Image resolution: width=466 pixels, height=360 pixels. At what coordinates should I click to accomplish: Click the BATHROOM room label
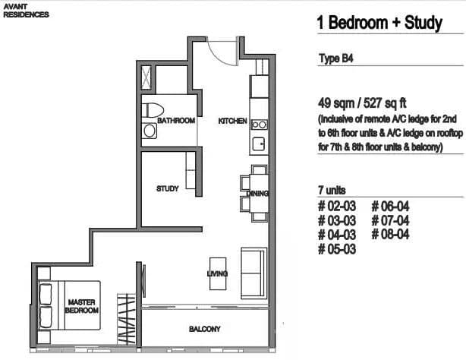pos(176,121)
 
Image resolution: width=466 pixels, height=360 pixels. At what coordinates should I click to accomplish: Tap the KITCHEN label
pos(233,121)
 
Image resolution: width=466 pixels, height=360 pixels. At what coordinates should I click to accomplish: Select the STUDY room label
pos(167,188)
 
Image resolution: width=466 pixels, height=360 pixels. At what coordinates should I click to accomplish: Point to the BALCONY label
pos(205,329)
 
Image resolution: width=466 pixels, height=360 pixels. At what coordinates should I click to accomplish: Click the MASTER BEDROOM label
pos(82,306)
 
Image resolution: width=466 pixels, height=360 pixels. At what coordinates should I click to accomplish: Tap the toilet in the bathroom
pos(153,110)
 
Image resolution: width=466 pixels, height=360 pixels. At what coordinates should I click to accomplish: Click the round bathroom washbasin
pos(150,131)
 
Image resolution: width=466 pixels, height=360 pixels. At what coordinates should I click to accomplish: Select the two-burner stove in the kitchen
pos(259,125)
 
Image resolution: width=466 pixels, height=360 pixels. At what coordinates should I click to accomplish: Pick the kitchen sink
pos(259,144)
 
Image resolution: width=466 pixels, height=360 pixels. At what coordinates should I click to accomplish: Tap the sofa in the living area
pos(253,273)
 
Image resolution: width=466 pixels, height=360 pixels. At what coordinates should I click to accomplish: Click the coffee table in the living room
pos(218,273)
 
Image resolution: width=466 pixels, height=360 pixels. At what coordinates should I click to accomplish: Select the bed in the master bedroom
pos(69,305)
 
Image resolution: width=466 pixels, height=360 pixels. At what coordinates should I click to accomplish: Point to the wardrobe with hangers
pos(127,319)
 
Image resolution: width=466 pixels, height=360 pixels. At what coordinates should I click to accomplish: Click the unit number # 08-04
pos(390,235)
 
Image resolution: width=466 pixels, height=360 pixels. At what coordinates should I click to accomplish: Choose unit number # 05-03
pos(337,248)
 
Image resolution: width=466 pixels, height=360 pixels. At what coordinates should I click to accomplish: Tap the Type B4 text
pos(336,58)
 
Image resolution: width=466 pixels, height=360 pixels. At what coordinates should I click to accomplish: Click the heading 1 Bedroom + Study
pos(379,23)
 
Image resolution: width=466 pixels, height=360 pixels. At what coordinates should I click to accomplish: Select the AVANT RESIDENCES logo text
pos(26,11)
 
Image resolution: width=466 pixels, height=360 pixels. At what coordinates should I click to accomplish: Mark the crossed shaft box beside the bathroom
pos(146,77)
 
